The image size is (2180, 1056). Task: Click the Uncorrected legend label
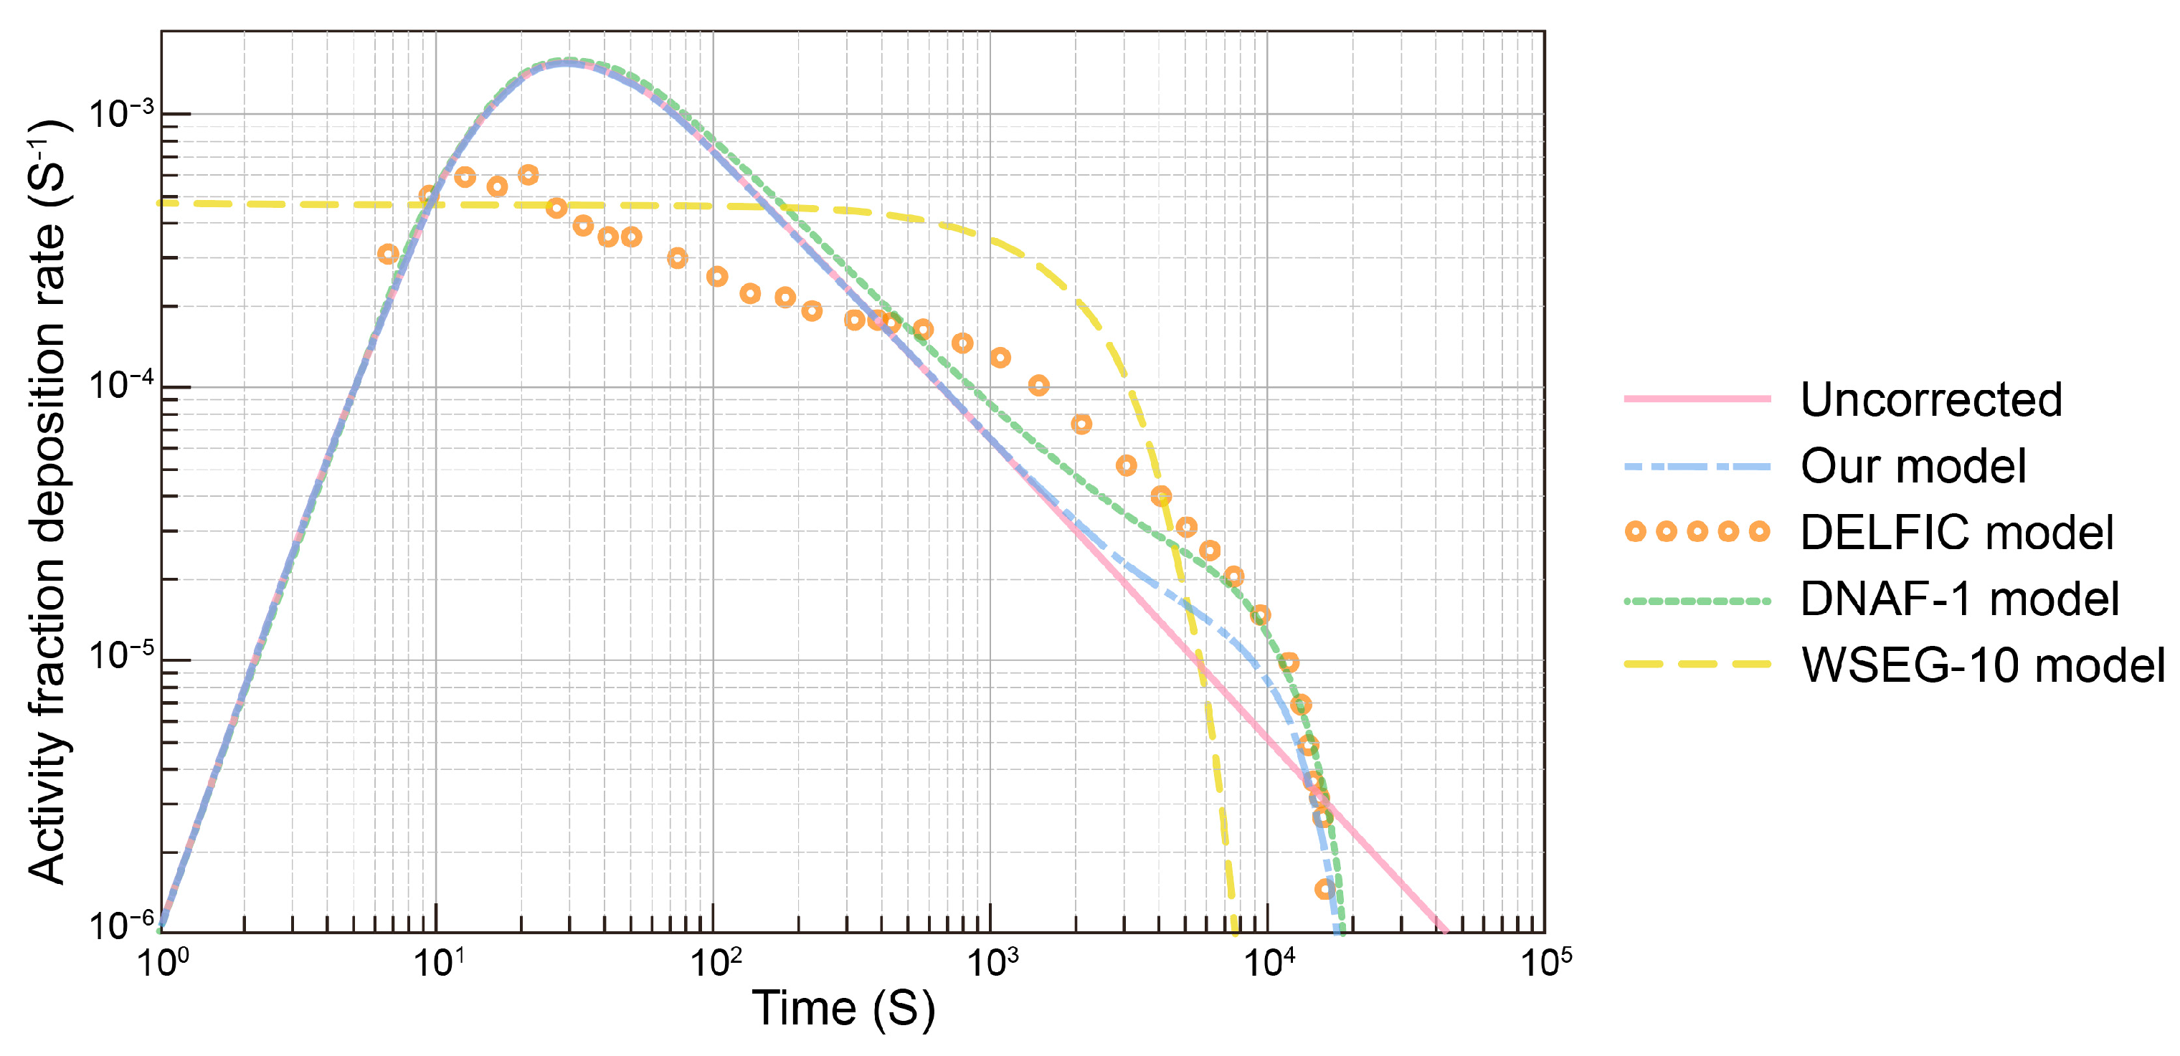1930,399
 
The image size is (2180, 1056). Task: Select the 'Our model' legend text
1913,466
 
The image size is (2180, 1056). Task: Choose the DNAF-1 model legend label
1958,599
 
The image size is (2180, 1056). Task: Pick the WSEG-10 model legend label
1982,665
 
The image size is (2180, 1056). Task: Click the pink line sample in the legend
1697,399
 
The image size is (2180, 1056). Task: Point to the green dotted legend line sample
1697,601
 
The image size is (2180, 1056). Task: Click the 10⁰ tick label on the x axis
163,963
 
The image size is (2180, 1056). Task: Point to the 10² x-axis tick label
716,963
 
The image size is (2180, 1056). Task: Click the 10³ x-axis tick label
992,963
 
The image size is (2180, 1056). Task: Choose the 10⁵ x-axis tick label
1546,963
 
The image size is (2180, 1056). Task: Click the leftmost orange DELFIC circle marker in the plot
387,254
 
